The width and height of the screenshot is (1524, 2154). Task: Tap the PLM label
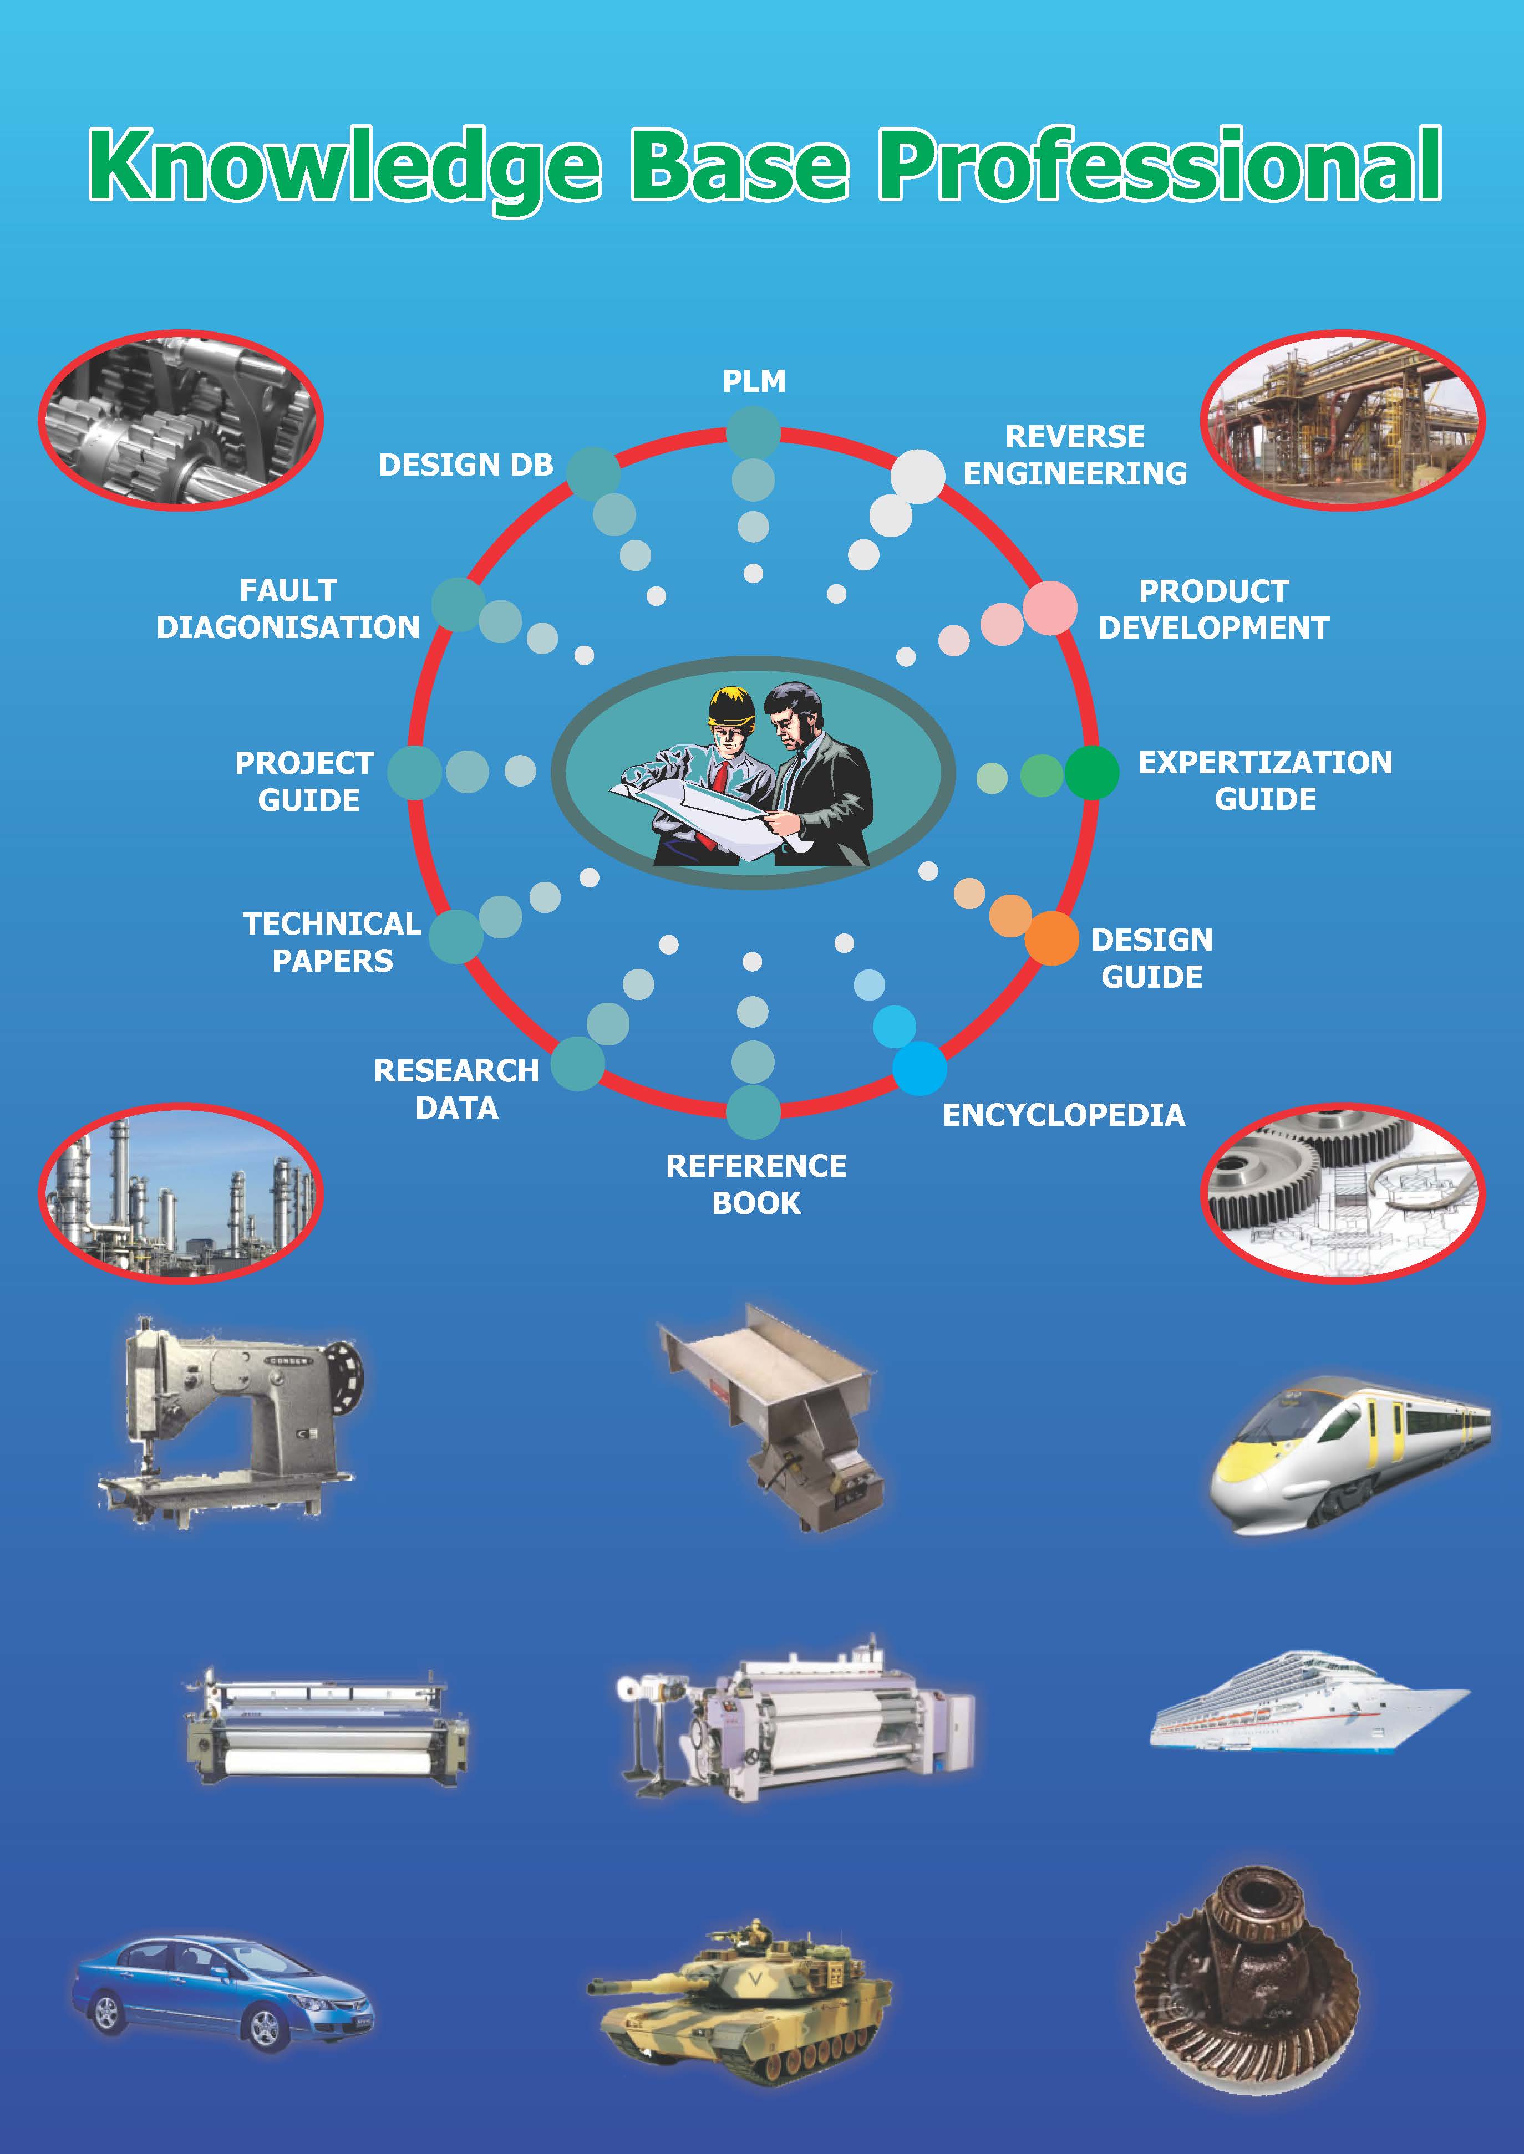coord(754,381)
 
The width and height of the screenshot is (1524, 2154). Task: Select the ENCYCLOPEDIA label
coord(1063,1115)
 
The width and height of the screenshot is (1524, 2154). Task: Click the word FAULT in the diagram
coord(287,590)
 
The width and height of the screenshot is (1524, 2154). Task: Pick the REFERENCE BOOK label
coord(756,1184)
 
